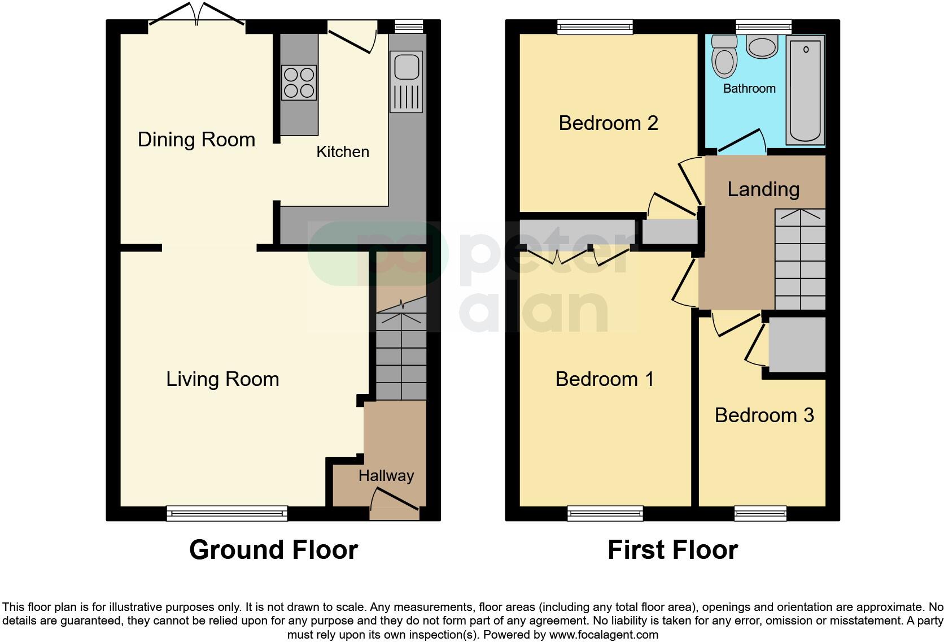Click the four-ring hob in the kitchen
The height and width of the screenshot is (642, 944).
[299, 83]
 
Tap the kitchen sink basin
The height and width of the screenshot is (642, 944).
[405, 66]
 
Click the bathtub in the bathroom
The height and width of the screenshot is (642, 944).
[806, 89]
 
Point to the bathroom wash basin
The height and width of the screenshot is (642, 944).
[762, 46]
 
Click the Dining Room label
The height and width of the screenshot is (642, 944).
[196, 140]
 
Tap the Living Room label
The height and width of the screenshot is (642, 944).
[222, 379]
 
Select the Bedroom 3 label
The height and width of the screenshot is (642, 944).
[764, 415]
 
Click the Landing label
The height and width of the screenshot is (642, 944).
[763, 189]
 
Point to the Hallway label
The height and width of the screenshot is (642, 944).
[386, 476]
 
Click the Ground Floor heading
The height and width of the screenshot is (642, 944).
[273, 550]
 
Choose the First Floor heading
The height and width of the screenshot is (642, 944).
[672, 550]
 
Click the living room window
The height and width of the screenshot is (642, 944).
[227, 513]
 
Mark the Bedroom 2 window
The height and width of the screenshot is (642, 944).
[595, 27]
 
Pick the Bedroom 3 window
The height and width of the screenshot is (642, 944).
[760, 513]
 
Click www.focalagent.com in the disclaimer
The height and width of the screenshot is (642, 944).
[603, 635]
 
